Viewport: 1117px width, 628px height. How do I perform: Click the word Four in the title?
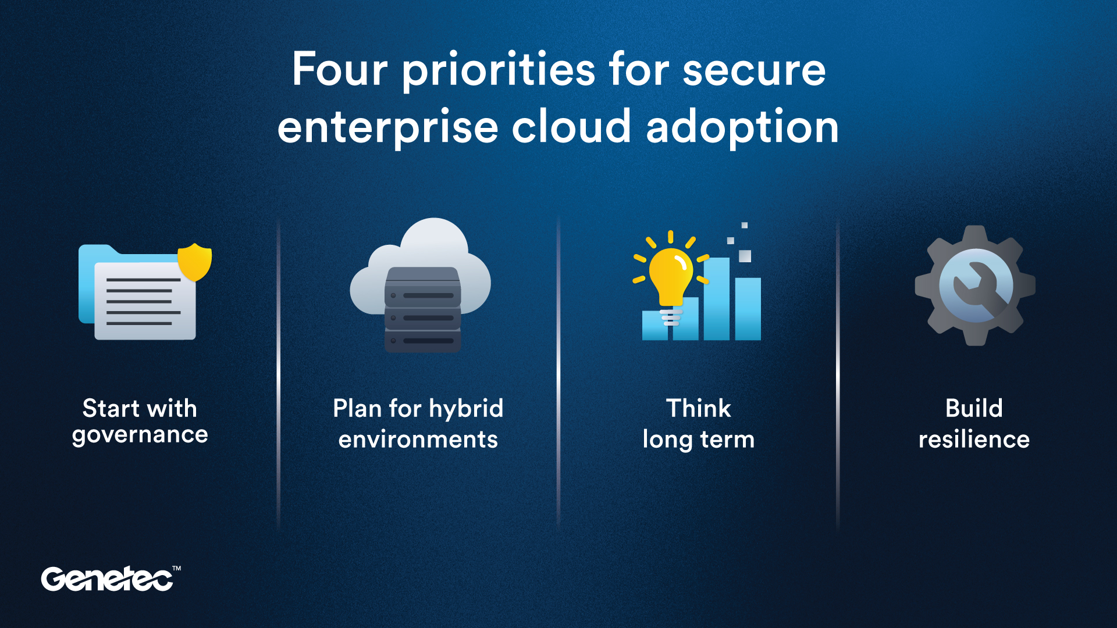340,69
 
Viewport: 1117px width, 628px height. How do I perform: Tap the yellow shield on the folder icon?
194,262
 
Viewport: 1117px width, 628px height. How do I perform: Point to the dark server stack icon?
423,310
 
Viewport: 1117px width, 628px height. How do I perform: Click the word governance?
140,436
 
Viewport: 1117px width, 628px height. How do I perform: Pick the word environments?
418,440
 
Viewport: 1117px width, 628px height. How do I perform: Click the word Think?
698,408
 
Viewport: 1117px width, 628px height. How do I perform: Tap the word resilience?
974,440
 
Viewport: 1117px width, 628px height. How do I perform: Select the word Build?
974,408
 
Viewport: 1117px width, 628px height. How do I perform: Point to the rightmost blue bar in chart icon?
748,308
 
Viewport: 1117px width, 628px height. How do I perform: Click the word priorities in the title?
499,70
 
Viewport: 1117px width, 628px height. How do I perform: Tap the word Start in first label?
111,408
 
